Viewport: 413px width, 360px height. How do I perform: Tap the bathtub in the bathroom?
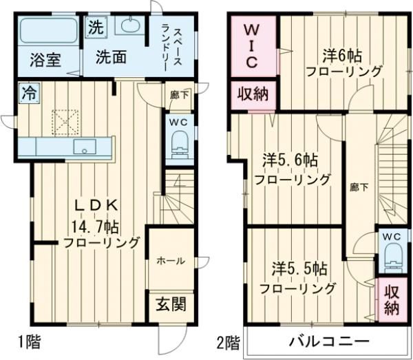[x=47, y=30]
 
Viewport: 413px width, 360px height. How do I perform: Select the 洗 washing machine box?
[x=96, y=29]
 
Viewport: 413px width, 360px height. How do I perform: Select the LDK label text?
[x=98, y=205]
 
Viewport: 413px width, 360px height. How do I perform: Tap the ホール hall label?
[x=169, y=261]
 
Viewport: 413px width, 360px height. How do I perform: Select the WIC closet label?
[x=251, y=47]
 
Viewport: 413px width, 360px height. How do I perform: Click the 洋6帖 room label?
[x=343, y=54]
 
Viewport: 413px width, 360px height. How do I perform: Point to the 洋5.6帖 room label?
[x=290, y=161]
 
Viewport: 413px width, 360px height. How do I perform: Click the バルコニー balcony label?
[x=328, y=341]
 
